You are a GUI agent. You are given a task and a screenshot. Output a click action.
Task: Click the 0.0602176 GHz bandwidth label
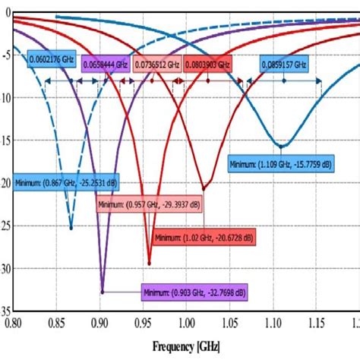click(52, 58)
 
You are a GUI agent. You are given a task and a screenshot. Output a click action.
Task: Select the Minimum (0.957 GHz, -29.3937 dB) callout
click(150, 205)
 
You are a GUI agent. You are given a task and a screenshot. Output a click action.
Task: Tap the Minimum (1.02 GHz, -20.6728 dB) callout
click(201, 238)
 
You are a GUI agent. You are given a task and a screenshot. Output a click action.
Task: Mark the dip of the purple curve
click(102, 291)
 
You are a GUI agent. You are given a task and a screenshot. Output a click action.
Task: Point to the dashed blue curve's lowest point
click(71, 227)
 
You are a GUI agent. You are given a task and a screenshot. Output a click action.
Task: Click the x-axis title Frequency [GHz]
click(187, 346)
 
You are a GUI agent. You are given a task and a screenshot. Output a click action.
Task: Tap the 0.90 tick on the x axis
click(100, 323)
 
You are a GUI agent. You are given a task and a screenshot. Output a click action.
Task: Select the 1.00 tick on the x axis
click(187, 323)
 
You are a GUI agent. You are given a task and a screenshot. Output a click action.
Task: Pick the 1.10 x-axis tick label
click(273, 323)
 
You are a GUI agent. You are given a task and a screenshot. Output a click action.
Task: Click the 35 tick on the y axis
click(7, 311)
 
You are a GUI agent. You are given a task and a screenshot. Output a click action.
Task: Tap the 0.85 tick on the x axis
click(58, 323)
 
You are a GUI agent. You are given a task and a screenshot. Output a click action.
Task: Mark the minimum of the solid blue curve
click(282, 146)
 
